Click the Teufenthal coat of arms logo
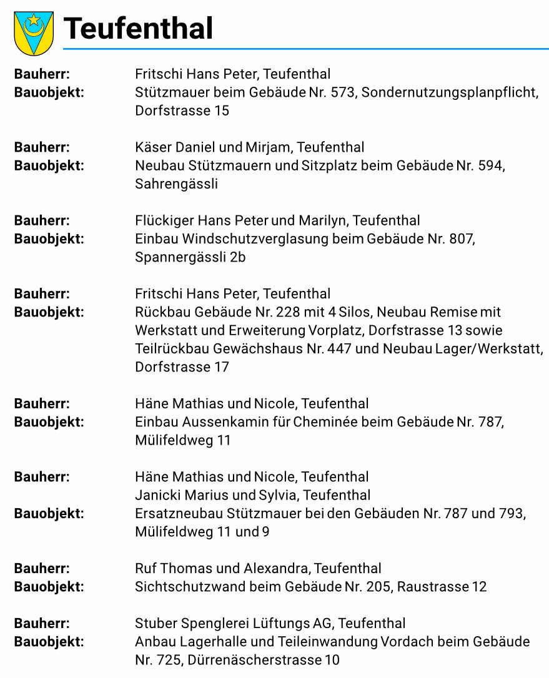click(34, 33)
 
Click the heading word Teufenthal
click(139, 29)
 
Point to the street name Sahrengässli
click(176, 184)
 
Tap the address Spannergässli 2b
click(190, 257)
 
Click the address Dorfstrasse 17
click(182, 367)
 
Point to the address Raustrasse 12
click(442, 587)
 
